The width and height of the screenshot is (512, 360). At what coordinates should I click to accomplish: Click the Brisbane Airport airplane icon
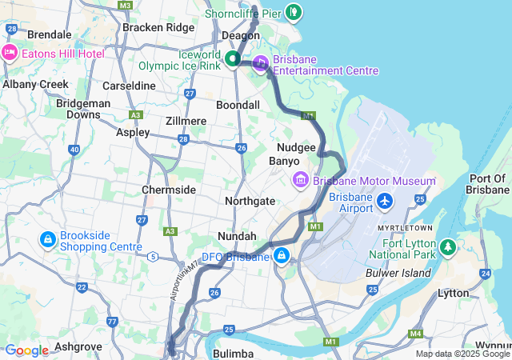(x=386, y=199)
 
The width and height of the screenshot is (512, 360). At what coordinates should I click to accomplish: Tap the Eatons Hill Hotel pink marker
(x=10, y=53)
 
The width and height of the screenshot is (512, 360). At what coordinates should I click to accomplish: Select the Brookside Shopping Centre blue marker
(x=47, y=239)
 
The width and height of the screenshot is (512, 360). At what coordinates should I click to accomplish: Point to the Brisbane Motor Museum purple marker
(x=301, y=180)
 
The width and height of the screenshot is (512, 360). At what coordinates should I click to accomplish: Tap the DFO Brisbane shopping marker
(x=282, y=256)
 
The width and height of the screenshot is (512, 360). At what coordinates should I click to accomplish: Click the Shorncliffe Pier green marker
(x=294, y=11)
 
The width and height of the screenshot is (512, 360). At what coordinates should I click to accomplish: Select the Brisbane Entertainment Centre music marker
(x=261, y=63)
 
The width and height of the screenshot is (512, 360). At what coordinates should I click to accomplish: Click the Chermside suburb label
(x=169, y=190)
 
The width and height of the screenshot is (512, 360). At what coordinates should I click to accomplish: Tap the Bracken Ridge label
(x=158, y=27)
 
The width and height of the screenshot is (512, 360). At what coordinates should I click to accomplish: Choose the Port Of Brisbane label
(x=489, y=184)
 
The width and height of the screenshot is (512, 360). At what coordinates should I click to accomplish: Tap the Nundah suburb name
(x=237, y=236)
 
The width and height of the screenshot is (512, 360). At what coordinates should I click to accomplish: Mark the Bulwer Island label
(x=398, y=273)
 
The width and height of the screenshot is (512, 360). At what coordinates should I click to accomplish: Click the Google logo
(x=26, y=350)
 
